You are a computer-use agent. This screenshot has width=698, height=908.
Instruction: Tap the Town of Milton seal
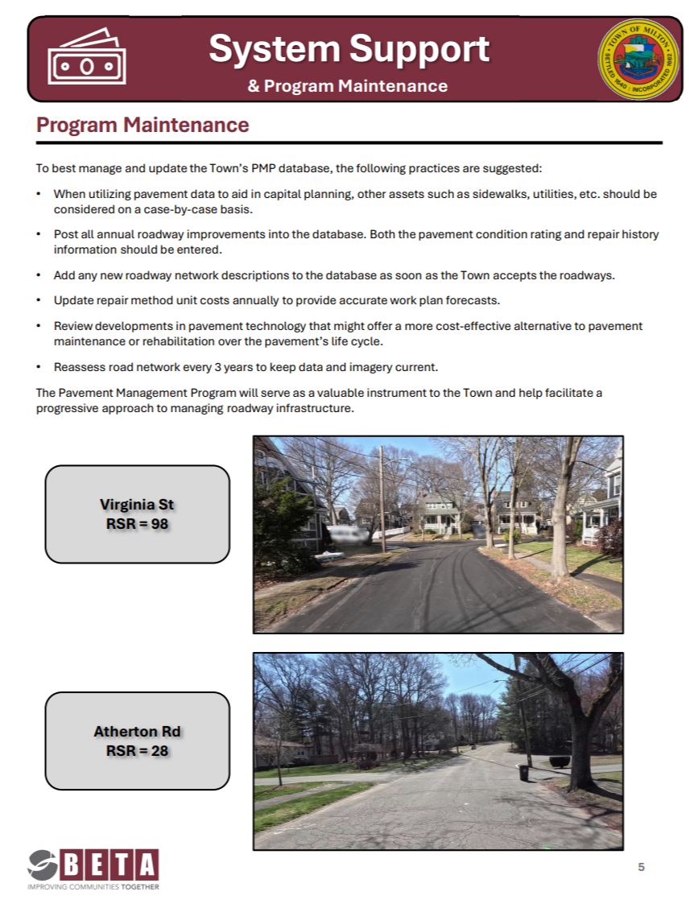(x=638, y=60)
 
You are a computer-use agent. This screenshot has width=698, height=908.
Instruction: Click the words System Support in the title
(x=349, y=49)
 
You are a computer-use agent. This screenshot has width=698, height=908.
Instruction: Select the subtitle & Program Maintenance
(x=348, y=85)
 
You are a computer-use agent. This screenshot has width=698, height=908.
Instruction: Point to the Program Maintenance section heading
(x=142, y=126)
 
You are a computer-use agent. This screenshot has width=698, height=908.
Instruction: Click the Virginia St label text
(x=137, y=505)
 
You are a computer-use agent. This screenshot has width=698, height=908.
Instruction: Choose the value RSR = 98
(x=137, y=524)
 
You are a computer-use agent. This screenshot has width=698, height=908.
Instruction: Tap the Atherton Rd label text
(x=137, y=732)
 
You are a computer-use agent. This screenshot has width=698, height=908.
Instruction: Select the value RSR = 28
(x=137, y=751)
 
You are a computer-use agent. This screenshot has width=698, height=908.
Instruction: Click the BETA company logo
(x=93, y=866)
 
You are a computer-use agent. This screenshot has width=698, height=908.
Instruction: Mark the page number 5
(x=641, y=867)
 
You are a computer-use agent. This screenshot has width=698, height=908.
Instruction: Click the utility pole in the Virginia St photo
(x=382, y=499)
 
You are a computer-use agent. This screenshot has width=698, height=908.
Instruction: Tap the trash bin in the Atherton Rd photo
(x=524, y=773)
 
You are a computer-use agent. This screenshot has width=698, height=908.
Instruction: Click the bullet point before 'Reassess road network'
(x=39, y=367)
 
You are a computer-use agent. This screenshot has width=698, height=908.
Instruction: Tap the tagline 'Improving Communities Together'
(x=93, y=886)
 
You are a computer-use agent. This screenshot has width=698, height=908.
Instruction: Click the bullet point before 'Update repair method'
(x=39, y=300)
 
